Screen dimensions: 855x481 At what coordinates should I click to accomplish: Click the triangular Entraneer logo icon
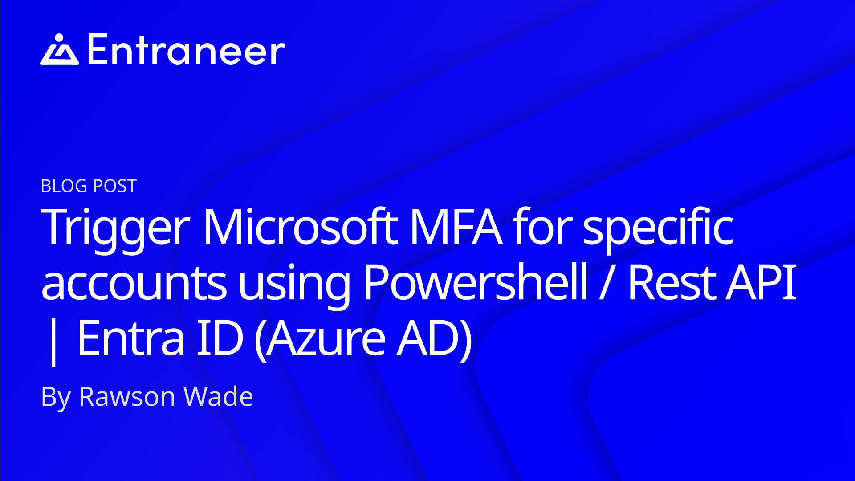[x=60, y=49]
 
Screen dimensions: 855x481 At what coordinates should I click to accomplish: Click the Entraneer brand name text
[x=186, y=49]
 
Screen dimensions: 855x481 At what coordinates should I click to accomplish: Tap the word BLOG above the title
[x=64, y=186]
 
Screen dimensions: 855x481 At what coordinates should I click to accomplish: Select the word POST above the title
[x=114, y=186]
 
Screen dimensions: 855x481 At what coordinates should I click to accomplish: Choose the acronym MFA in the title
[x=456, y=227]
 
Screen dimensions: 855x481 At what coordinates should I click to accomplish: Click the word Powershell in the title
[x=476, y=282]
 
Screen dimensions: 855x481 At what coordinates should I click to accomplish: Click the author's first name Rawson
[x=127, y=397]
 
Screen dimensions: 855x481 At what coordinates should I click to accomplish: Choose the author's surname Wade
[x=218, y=396]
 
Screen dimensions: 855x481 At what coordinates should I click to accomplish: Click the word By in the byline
[x=56, y=398]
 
